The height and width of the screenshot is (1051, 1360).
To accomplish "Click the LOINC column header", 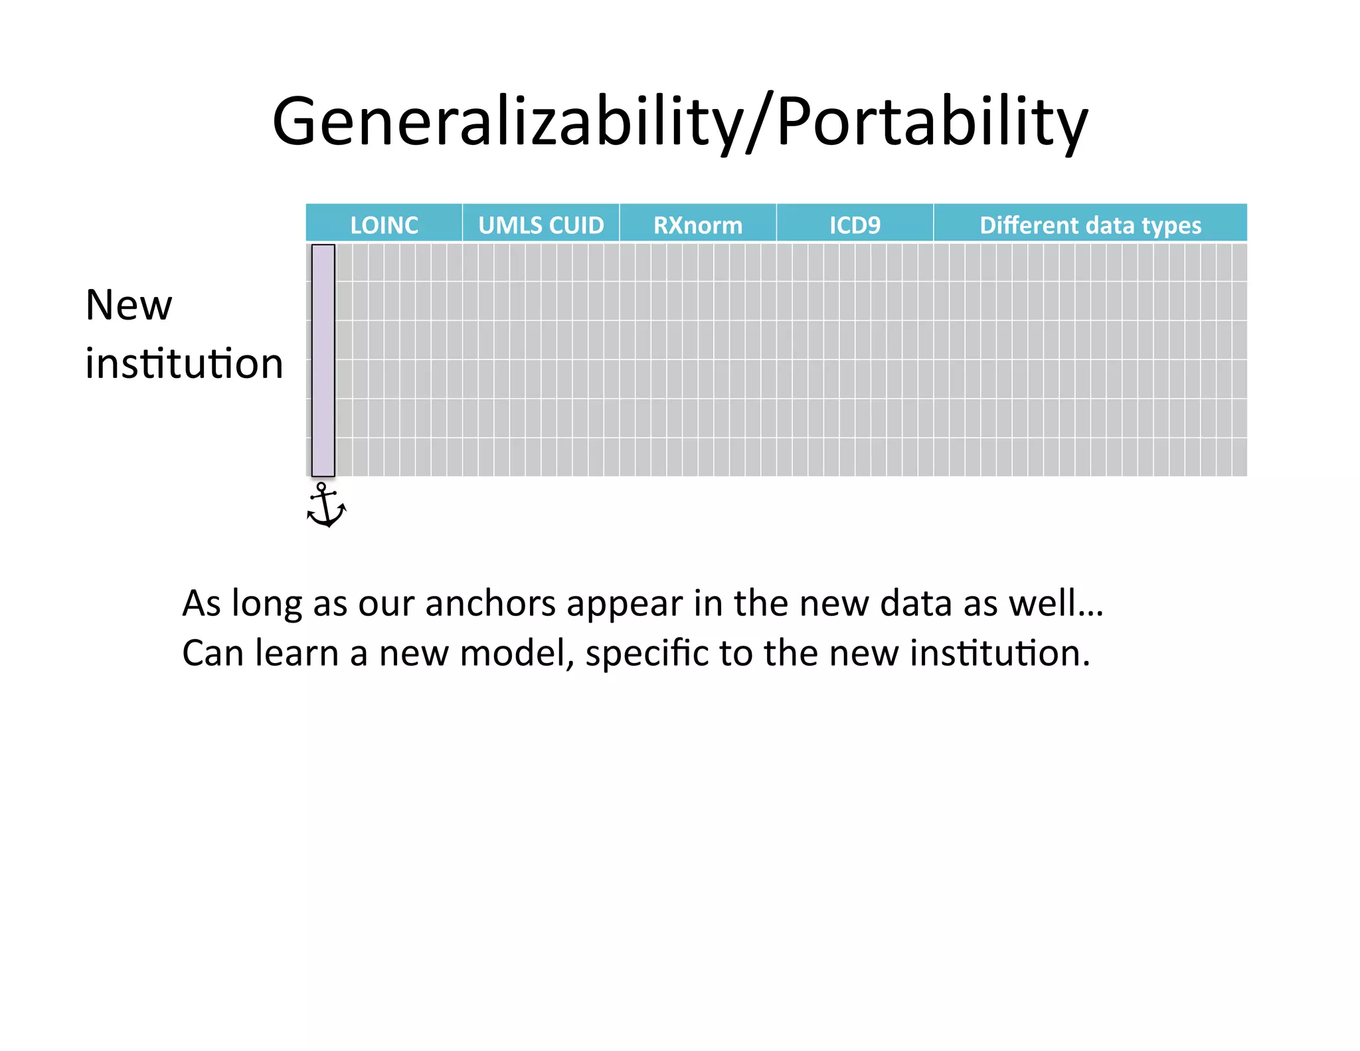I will tap(384, 225).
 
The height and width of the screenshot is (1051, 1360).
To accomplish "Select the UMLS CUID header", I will tap(541, 225).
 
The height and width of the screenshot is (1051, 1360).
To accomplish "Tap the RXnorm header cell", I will tap(697, 225).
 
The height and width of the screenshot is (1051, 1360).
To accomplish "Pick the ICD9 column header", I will tap(855, 225).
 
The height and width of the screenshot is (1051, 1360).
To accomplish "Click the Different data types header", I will tap(1090, 225).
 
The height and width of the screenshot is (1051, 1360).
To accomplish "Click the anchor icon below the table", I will tap(325, 506).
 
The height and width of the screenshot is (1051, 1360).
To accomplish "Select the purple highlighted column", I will tap(323, 360).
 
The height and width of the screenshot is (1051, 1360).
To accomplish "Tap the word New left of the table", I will tap(129, 306).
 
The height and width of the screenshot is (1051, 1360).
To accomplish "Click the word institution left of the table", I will tap(184, 364).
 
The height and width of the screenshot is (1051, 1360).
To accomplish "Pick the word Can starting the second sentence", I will tap(212, 653).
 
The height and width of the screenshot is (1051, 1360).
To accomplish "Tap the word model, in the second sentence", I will tap(517, 653).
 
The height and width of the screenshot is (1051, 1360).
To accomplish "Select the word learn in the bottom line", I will tap(297, 653).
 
